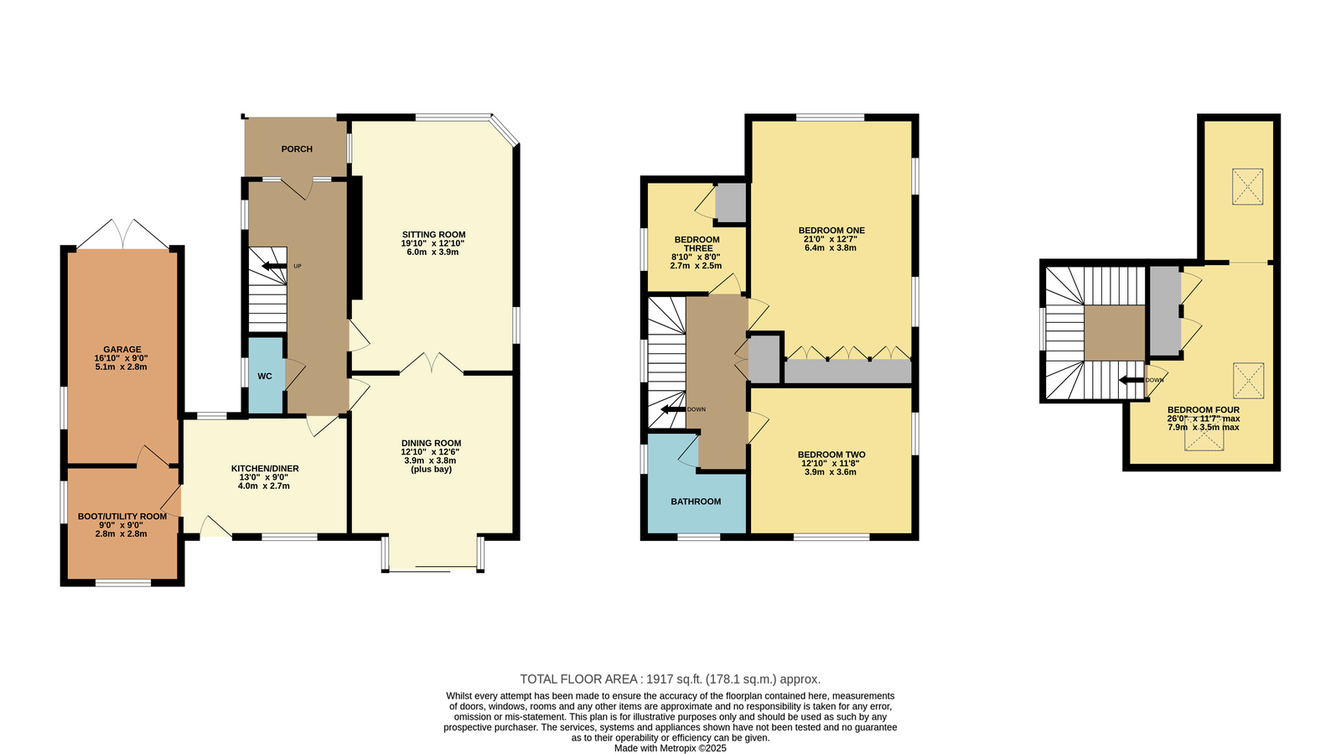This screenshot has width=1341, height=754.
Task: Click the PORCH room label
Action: point(297,149)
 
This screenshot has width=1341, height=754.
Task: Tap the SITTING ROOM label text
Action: point(433,235)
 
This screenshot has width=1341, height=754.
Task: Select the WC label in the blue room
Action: point(265,376)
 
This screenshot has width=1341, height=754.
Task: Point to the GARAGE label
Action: point(122,349)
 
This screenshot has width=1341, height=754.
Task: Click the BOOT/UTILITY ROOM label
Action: point(122,517)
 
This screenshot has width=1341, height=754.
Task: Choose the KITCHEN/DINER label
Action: point(265,468)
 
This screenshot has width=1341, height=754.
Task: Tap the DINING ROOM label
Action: point(431,443)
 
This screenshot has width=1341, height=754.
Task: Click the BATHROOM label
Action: point(696,502)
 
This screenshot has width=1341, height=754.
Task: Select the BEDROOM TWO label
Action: point(831,455)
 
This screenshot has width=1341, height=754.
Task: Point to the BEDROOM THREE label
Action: point(696,244)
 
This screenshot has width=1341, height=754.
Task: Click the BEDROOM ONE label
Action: point(831,230)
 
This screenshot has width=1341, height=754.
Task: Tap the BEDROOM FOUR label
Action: point(1204,409)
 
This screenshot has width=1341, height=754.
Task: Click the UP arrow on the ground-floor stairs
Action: point(274,266)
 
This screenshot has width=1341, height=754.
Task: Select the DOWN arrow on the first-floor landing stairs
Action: point(673,409)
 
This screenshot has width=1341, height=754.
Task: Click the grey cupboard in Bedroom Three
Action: point(731,203)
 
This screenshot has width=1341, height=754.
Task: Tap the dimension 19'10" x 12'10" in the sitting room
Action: point(432,244)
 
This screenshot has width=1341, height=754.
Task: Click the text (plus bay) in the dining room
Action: point(431,470)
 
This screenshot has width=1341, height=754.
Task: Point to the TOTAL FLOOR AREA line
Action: point(670,679)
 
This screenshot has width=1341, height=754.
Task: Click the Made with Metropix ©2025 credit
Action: point(670,749)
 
